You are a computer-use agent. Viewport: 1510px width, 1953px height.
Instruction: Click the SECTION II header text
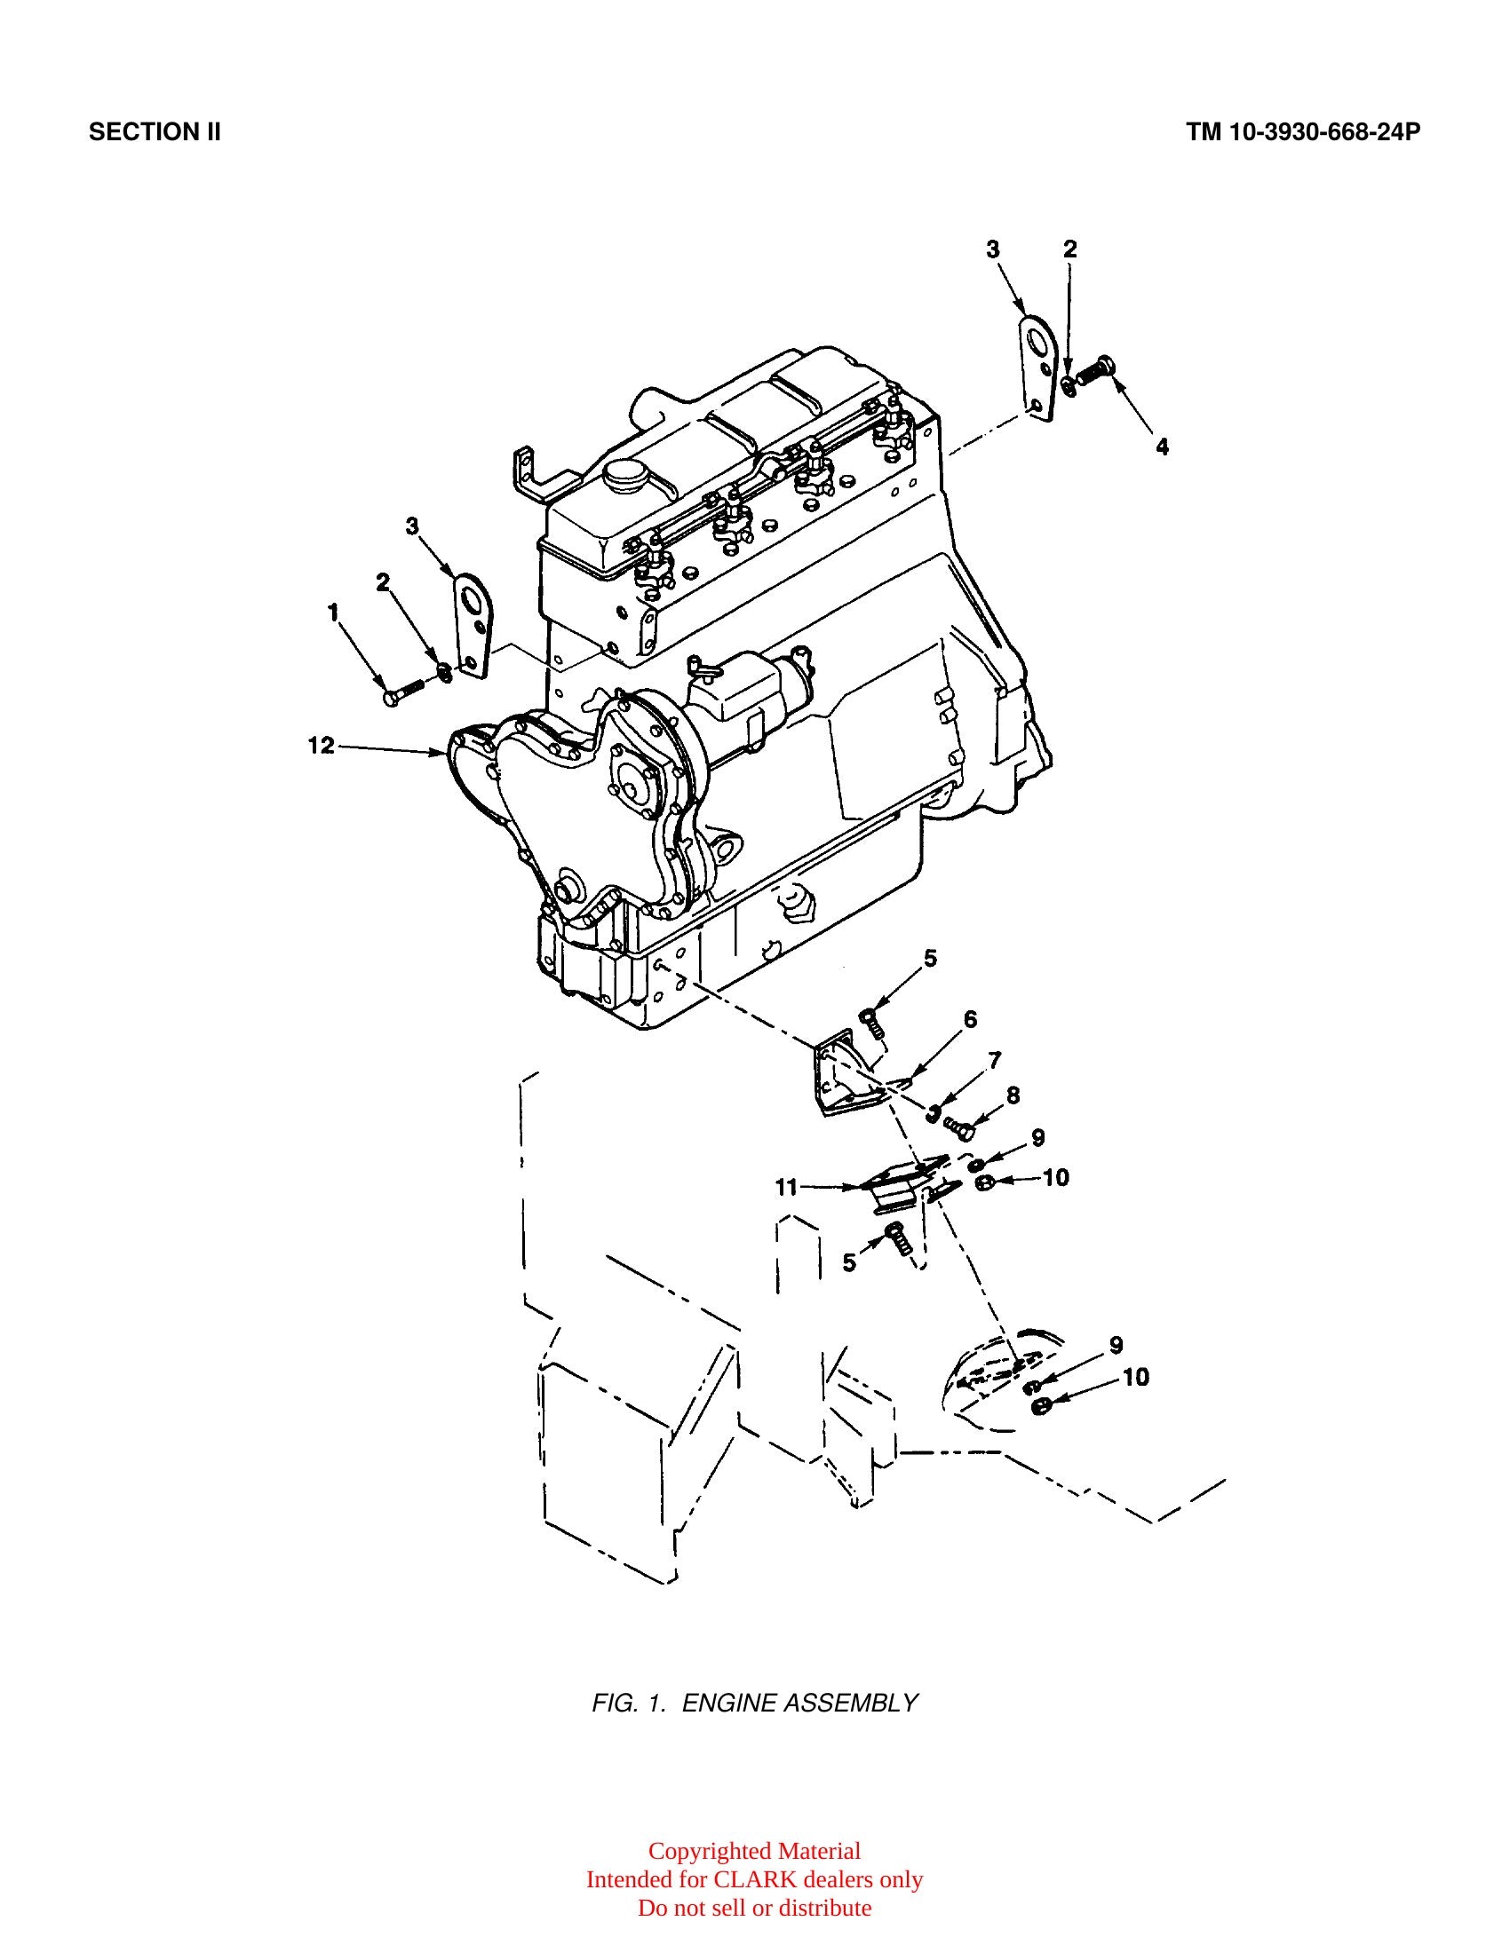tap(155, 132)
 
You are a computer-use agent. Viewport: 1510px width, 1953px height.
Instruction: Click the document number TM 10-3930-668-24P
tap(1303, 132)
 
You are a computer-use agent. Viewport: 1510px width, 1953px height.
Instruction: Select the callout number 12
tap(322, 745)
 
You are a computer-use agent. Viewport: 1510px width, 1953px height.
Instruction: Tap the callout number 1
tap(334, 613)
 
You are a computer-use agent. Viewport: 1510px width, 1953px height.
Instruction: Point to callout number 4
tap(1162, 447)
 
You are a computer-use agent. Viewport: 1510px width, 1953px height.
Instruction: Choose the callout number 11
tap(785, 1187)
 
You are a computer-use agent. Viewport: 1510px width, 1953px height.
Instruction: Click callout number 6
tap(970, 1019)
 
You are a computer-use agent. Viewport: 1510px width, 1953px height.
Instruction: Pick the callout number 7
tap(995, 1060)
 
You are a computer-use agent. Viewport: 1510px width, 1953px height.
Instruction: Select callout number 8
tap(1013, 1095)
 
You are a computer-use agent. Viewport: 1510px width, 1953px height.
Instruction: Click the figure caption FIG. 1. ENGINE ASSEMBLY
tap(755, 1703)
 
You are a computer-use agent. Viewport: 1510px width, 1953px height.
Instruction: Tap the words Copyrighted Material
tap(754, 1851)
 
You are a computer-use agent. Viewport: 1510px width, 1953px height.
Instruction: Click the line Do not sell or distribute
tap(754, 1908)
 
